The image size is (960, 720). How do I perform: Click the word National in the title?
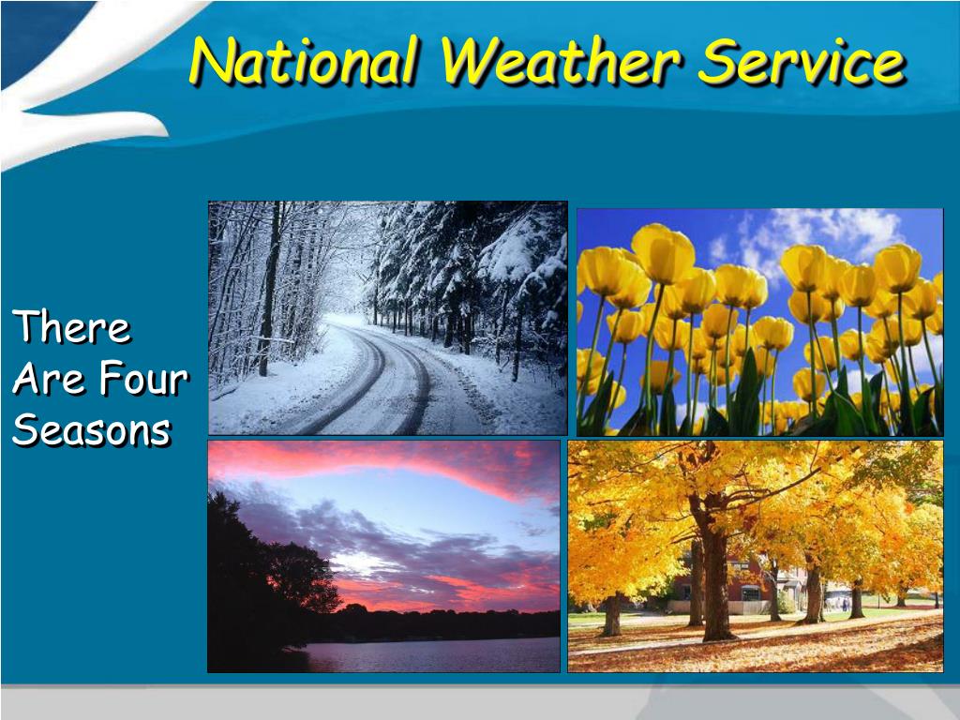(305, 61)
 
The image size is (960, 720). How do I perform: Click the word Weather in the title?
(560, 61)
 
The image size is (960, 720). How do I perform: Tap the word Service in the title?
(802, 61)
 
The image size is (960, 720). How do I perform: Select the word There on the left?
(71, 326)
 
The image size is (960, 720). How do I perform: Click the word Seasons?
(91, 429)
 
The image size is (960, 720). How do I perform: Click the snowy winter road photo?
(387, 318)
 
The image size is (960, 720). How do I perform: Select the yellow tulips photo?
(759, 322)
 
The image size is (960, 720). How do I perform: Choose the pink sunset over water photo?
(383, 556)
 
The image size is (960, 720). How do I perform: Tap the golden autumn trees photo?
(756, 556)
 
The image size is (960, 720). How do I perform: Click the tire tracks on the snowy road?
(380, 380)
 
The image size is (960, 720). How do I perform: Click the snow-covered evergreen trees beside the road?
(472, 276)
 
